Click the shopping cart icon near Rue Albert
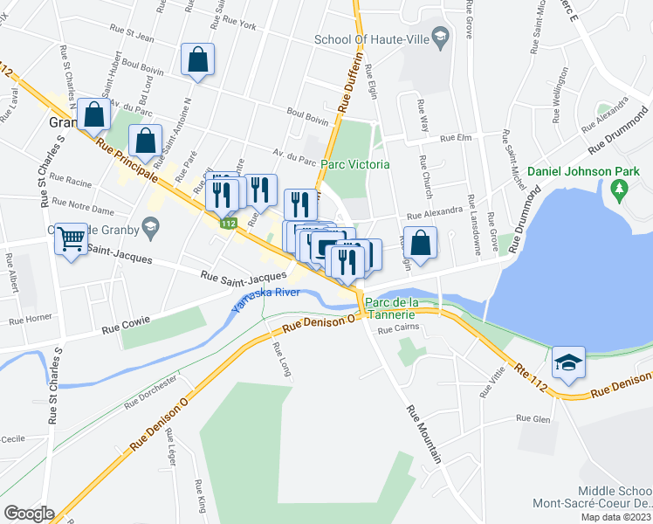tap(72, 238)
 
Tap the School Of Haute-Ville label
tap(373, 39)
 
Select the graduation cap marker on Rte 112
tap(568, 362)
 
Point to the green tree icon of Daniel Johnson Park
tap(620, 187)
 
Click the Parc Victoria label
tap(354, 164)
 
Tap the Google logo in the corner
tap(29, 514)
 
